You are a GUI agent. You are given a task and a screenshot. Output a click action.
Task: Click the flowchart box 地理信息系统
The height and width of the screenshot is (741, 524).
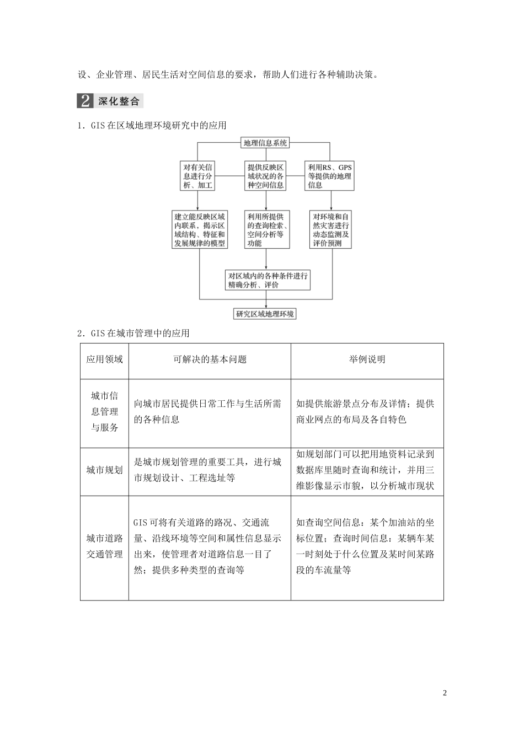point(265,143)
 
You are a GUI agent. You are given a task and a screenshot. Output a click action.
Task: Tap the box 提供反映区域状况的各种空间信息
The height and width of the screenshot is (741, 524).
point(265,176)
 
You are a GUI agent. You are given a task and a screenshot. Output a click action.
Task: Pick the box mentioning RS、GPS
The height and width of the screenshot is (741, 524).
point(330,176)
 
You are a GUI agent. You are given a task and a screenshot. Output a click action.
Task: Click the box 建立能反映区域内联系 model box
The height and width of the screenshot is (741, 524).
point(199,230)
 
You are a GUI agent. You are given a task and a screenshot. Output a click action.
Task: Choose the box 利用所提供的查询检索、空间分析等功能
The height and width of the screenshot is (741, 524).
point(266,230)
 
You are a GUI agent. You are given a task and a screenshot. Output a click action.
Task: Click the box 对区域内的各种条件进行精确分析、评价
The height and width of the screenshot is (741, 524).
point(268,280)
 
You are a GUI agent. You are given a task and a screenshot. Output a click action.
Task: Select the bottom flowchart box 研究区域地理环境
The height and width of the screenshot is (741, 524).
point(265,314)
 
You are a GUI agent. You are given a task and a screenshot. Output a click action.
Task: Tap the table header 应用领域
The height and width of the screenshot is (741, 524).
point(104,359)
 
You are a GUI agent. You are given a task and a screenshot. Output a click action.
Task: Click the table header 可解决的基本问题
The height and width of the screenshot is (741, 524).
point(210,359)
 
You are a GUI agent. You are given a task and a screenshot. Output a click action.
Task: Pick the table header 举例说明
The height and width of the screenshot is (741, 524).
point(367,359)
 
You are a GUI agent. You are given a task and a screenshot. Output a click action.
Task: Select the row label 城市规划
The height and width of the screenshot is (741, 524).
point(104,470)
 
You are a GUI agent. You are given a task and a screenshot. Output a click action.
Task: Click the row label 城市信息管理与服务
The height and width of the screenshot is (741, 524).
point(104,412)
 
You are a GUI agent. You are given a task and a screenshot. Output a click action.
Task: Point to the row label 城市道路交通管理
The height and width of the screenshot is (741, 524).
point(104,546)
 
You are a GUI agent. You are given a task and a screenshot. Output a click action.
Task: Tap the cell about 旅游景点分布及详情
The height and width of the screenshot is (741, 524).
point(365,412)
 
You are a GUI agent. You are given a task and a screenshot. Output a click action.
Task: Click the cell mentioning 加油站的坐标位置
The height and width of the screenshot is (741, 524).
point(365,546)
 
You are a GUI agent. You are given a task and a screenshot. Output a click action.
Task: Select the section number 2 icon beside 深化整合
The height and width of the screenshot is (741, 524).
point(85,101)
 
